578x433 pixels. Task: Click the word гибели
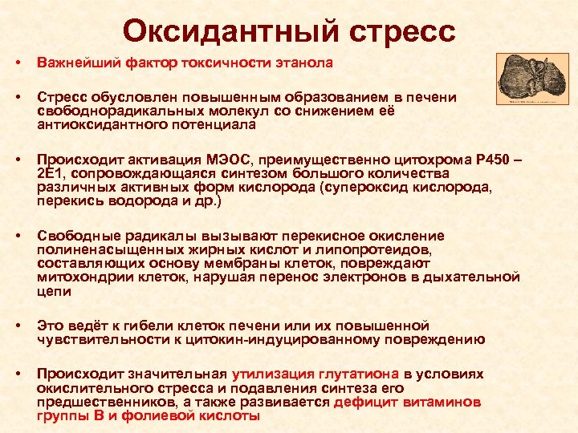tap(148, 326)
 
